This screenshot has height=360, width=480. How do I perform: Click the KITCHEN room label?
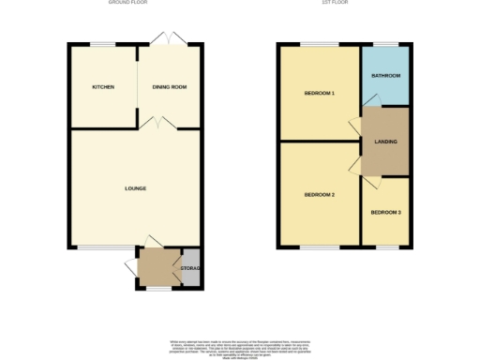[x=103, y=87]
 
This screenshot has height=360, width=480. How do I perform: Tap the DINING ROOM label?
[x=170, y=87]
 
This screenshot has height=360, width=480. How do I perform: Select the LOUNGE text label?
[x=135, y=188]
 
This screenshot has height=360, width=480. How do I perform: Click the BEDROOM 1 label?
[x=319, y=94]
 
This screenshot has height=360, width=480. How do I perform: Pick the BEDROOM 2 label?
[x=319, y=194]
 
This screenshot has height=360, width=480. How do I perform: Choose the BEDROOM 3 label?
[x=385, y=213]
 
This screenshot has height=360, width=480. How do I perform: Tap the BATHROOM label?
[x=385, y=75]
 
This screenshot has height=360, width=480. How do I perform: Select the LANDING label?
[x=385, y=142]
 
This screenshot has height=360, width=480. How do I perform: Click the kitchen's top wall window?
[x=102, y=44]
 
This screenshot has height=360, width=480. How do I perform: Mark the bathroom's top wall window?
[x=385, y=44]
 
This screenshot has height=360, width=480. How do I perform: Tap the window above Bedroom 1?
[x=319, y=44]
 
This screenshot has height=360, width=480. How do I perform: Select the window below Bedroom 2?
[x=319, y=247]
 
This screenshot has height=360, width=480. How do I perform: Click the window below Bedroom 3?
[x=385, y=247]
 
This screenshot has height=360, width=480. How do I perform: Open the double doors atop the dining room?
[x=171, y=39]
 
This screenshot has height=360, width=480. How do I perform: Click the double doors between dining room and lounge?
[x=157, y=123]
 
